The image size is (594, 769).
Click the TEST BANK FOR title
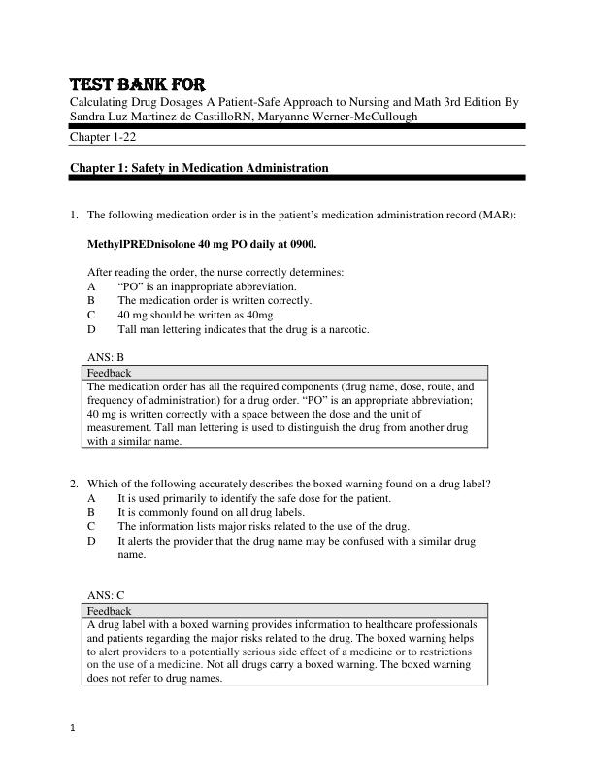point(136,84)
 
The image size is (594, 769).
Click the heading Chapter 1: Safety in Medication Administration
point(199,168)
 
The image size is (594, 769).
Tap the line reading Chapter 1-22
point(103,137)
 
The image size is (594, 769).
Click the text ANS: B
point(106,357)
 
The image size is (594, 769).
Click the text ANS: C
point(106,595)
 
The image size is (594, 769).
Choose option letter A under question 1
point(91,286)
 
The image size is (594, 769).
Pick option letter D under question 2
point(91,541)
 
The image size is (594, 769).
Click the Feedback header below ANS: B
point(109,373)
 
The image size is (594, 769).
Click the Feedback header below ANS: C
point(109,611)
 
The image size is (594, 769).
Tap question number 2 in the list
point(74,484)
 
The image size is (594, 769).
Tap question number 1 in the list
point(74,215)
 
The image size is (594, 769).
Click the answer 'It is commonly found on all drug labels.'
point(211,513)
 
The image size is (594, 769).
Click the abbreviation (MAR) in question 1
point(497,215)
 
